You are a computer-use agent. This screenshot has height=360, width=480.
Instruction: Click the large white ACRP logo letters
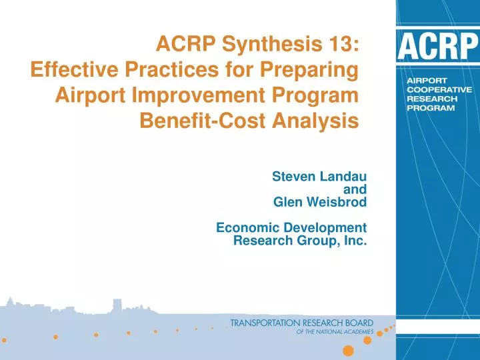tap(437, 47)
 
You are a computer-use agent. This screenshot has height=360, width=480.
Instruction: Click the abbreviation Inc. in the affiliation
tap(354, 240)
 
